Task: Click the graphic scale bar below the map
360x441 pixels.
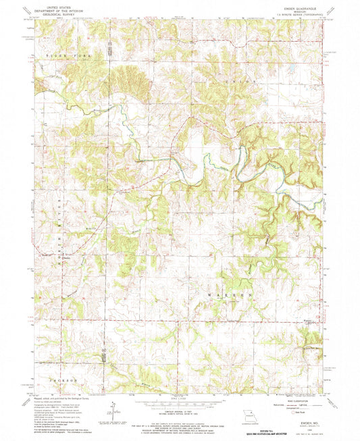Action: (x=179, y=400)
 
